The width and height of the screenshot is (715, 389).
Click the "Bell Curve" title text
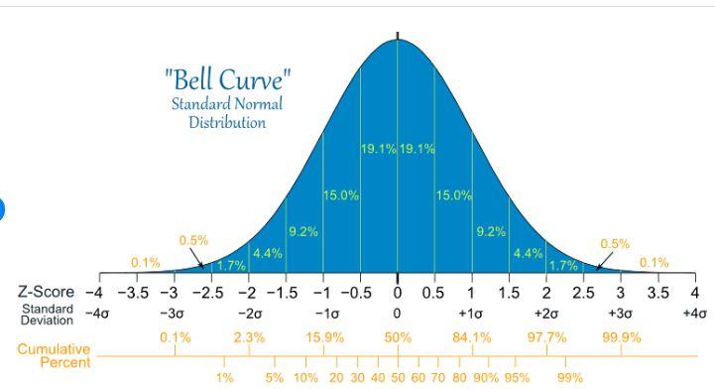pyautogui.click(x=227, y=79)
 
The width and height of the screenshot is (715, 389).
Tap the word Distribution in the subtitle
pyautogui.click(x=227, y=123)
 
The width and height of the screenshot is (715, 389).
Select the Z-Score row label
pyautogui.click(x=46, y=293)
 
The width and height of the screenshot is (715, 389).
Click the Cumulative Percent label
pyautogui.click(x=54, y=355)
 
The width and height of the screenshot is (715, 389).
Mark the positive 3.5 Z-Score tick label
pyautogui.click(x=657, y=293)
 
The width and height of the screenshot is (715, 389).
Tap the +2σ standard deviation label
pyautogui.click(x=545, y=314)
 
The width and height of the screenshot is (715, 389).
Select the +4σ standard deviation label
pyautogui.click(x=694, y=314)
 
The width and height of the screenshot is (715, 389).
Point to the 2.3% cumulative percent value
pyautogui.click(x=249, y=337)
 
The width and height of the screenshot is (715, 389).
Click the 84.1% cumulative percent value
pyautogui.click(x=471, y=337)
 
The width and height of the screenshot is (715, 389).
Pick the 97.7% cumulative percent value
pyautogui.click(x=546, y=337)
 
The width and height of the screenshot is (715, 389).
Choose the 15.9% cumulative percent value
pyautogui.click(x=324, y=337)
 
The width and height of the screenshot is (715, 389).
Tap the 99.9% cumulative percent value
pyautogui.click(x=622, y=337)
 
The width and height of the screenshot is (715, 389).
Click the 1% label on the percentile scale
pyautogui.click(x=225, y=378)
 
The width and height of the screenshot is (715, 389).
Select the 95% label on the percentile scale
pyautogui.click(x=517, y=378)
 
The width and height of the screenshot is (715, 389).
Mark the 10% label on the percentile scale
pyautogui.click(x=305, y=378)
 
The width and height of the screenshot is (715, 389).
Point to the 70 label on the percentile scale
pyautogui.click(x=437, y=378)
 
